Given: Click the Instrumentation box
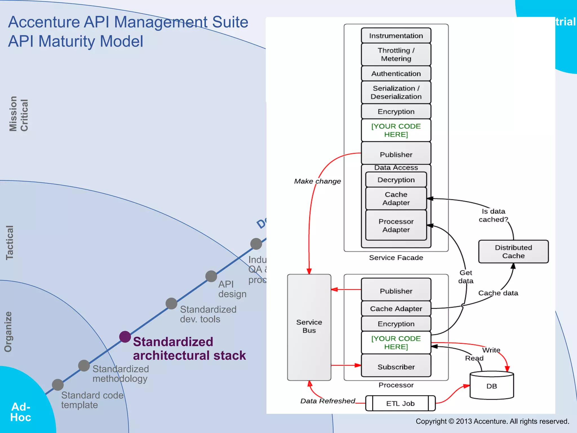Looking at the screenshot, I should [396, 36].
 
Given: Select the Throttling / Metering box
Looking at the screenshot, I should [396, 54].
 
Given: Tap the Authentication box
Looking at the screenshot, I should [396, 74].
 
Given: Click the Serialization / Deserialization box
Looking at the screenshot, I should [396, 92].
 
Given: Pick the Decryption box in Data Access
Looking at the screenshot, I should [396, 180].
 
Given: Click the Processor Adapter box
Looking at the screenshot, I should [396, 226].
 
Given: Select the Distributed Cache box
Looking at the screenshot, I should [513, 251].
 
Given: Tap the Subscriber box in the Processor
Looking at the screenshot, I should [396, 367].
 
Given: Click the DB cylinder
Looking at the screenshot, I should [492, 386].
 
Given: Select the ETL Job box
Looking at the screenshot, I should [400, 403].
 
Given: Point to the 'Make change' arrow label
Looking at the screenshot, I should [317, 181].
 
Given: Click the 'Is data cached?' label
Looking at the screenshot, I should [493, 215].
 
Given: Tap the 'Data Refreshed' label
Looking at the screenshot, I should [327, 401].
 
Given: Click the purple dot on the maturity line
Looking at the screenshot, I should [125, 337].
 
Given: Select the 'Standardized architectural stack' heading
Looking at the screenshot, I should [189, 348].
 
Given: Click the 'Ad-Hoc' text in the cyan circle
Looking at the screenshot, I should [21, 412].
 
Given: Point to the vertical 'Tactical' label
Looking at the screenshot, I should [10, 242].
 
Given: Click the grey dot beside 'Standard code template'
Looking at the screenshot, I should [58, 385].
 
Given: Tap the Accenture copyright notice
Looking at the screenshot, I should [492, 421].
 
